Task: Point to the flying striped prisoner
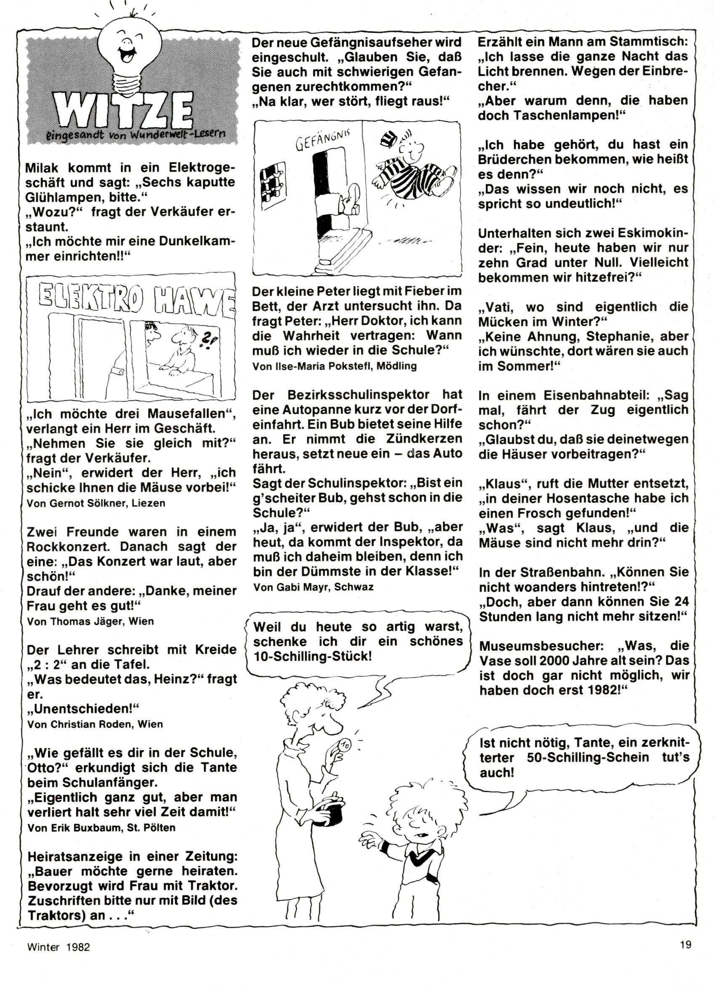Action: (x=413, y=170)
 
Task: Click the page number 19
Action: (x=685, y=957)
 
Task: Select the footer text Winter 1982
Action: (x=59, y=959)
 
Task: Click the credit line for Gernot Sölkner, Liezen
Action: (x=96, y=503)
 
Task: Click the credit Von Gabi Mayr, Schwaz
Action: (x=313, y=587)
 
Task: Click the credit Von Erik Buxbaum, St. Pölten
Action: (x=101, y=828)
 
